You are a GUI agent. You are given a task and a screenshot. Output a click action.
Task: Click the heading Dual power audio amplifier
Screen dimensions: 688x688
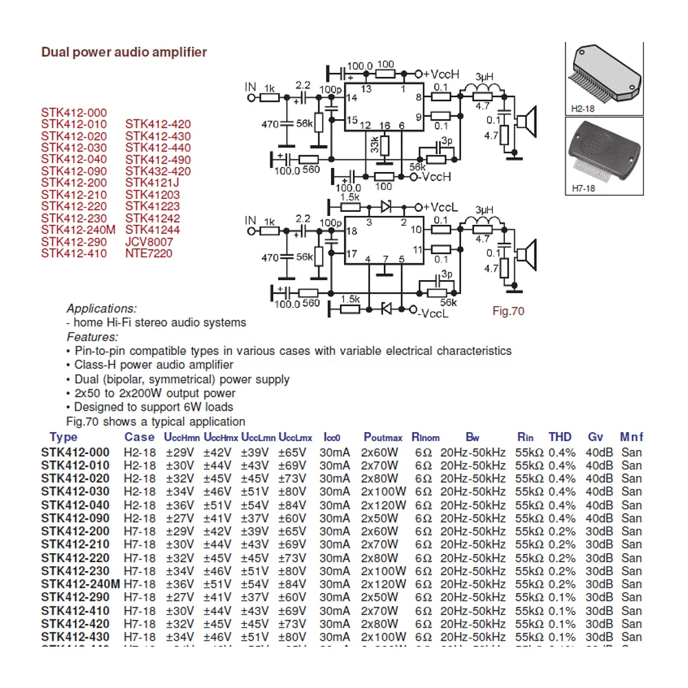tap(124, 52)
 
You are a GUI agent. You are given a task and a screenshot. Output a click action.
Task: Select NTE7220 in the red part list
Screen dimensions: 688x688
tap(149, 253)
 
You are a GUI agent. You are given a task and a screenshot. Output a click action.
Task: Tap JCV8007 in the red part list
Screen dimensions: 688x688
tap(149, 241)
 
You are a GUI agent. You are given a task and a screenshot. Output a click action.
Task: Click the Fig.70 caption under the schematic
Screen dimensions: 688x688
tap(508, 311)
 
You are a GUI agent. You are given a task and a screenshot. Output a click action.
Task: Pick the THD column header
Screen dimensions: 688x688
tap(560, 437)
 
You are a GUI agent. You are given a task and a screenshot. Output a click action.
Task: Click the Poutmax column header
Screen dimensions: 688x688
tap(383, 438)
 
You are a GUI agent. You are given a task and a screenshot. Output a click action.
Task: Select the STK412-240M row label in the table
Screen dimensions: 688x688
tap(80, 584)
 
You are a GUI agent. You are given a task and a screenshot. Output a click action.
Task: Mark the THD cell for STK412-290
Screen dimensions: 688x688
tap(562, 597)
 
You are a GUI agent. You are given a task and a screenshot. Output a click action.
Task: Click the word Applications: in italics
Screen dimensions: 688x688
tap(102, 308)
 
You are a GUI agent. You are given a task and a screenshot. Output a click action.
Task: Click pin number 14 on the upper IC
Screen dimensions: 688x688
tap(352, 99)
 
